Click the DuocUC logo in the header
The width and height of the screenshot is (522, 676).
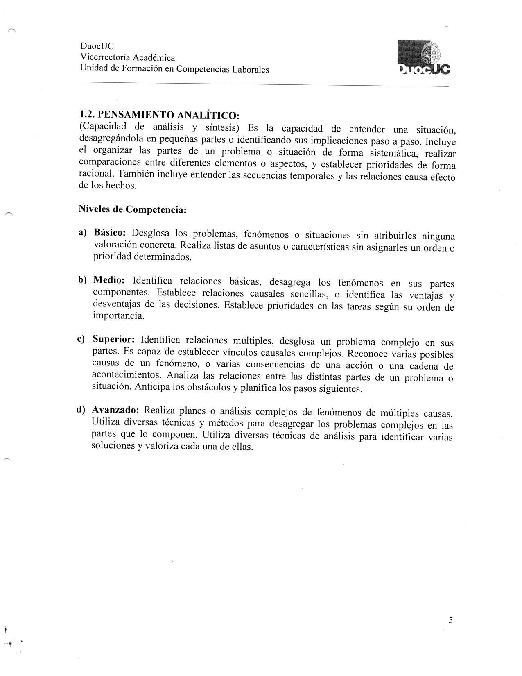pos(423,59)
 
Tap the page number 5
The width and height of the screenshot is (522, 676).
pos(450,620)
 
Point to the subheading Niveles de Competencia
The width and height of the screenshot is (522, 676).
pos(132,209)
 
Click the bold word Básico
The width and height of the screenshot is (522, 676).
pos(110,232)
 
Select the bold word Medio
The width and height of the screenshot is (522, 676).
pos(109,280)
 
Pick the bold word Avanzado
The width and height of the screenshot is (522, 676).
pos(115,410)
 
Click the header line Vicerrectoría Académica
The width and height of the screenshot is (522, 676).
pos(127,58)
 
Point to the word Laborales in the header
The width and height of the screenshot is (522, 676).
pos(251,70)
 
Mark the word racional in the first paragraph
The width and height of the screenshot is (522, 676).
pos(95,173)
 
